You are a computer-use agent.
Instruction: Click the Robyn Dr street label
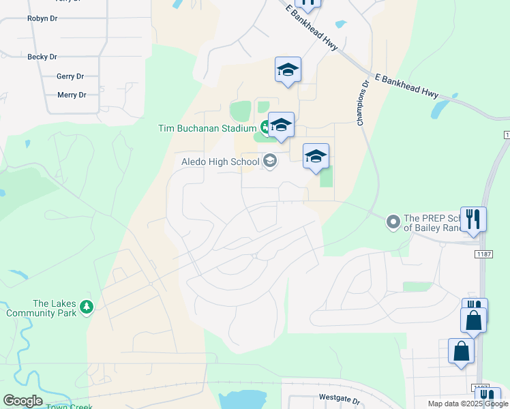(x=42, y=18)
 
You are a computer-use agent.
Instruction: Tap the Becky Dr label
(x=42, y=57)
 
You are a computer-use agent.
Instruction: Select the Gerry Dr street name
(x=70, y=76)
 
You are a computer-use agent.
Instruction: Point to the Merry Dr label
(x=72, y=95)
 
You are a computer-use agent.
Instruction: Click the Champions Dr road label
(x=363, y=104)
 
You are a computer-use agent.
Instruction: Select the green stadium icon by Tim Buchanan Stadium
(x=265, y=127)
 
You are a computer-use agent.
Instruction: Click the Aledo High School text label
(x=220, y=162)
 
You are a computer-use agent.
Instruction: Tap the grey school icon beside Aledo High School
(x=270, y=161)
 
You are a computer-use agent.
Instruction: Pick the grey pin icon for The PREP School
(x=393, y=222)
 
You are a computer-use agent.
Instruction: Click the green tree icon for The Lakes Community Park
(x=86, y=308)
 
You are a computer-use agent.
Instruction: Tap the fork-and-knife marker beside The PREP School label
(x=473, y=219)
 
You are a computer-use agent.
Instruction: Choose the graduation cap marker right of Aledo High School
(x=316, y=157)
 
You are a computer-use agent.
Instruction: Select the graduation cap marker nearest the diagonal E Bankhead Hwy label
(x=288, y=69)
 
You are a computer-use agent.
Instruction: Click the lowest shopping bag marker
(x=462, y=351)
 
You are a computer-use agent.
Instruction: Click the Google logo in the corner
(x=22, y=401)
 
